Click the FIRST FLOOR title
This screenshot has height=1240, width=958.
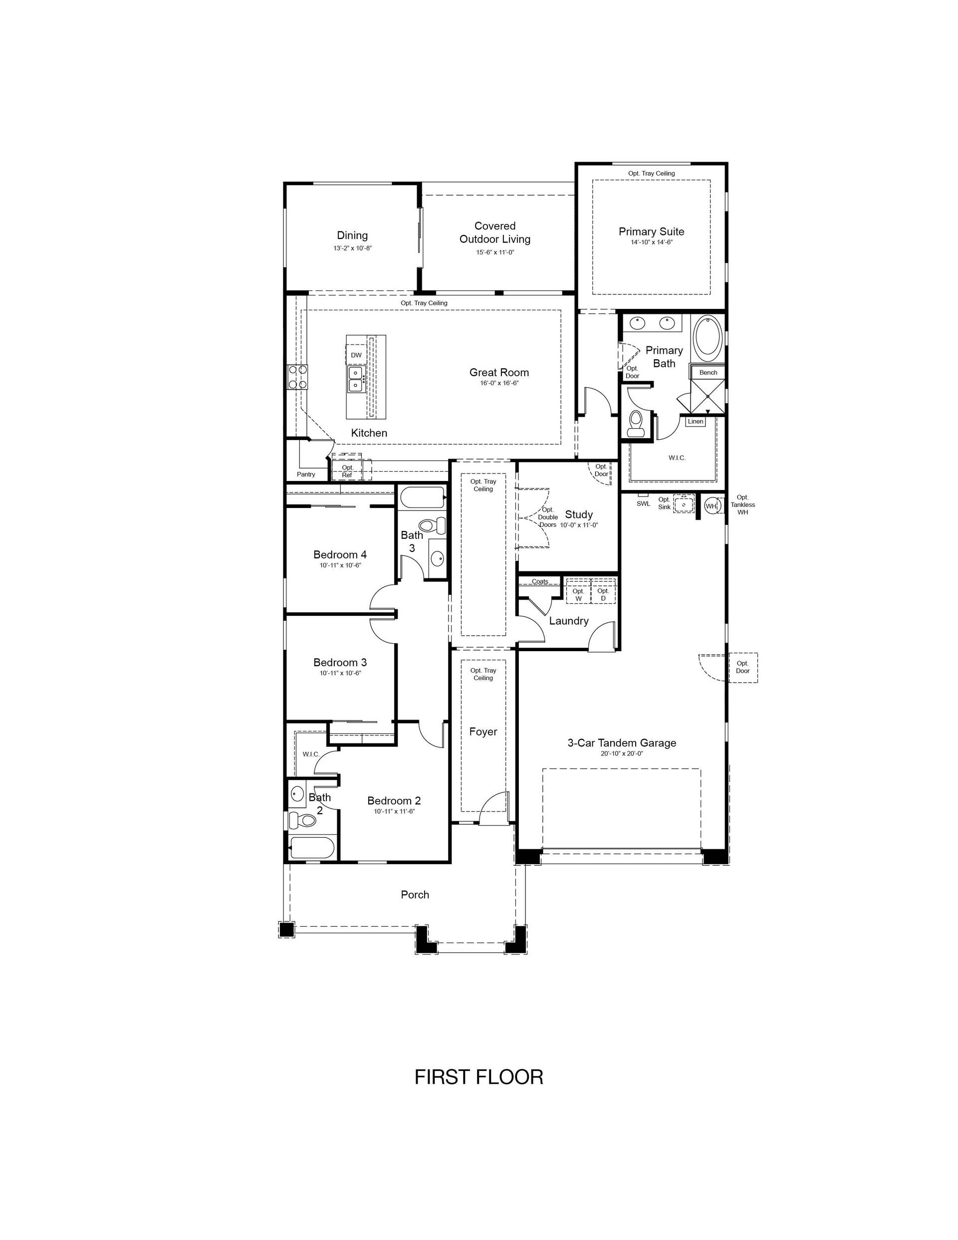coord(479,1076)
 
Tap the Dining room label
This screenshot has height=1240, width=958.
coord(352,235)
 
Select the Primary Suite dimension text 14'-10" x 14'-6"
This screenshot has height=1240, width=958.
coord(651,243)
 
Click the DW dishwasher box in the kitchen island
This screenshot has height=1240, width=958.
coord(356,355)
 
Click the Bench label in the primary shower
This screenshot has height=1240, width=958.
coord(708,372)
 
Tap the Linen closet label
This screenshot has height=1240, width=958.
coord(695,421)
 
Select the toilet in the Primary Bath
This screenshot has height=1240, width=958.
coord(636,424)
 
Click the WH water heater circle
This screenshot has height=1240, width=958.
coord(711,506)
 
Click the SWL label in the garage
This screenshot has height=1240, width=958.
coord(643,503)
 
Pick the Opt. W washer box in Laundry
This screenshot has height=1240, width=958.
coord(578,591)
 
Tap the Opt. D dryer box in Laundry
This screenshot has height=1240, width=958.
coord(603,591)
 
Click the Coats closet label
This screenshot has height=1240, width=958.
coord(540,581)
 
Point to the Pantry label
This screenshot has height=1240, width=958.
coord(305,474)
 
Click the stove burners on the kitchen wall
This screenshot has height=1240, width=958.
coord(297,376)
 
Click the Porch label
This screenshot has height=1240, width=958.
coord(415,894)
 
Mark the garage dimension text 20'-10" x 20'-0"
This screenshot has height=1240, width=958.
coord(622,753)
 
